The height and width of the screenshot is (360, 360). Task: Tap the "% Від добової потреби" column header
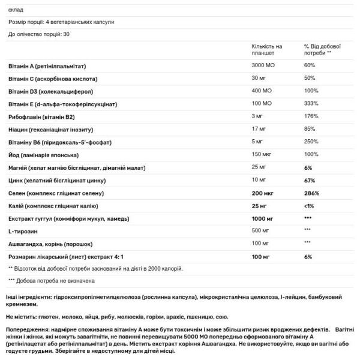(323, 49)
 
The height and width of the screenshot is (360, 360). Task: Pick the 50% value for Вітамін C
(310, 79)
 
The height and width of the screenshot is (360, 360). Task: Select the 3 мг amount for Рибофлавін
(257, 118)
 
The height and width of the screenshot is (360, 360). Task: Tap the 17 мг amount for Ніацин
(259, 131)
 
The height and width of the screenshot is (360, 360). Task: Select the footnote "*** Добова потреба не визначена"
(51, 280)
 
